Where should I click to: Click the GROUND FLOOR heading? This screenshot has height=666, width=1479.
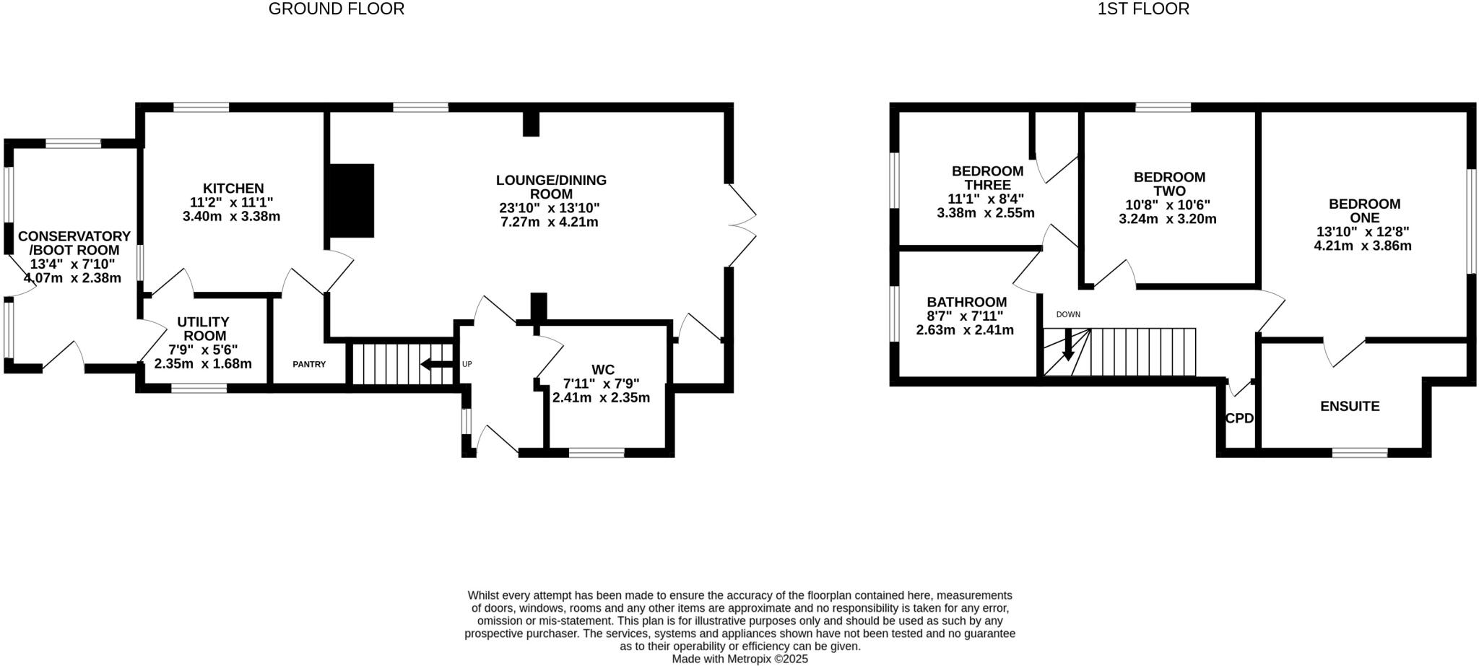point(336,9)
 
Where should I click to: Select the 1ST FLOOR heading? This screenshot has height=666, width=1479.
point(1143,9)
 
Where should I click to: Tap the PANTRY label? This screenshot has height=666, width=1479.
point(309,364)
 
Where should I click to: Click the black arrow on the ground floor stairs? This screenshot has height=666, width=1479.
point(436,364)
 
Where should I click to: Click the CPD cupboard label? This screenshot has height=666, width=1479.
point(1239,418)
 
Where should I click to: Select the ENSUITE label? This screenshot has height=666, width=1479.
point(1349,407)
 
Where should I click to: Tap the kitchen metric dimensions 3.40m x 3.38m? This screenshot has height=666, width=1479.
point(231,216)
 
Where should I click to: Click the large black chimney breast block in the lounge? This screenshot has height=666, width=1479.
point(352,201)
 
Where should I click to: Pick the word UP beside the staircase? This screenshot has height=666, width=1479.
point(467,364)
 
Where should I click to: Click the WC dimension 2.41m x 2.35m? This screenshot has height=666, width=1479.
point(601,397)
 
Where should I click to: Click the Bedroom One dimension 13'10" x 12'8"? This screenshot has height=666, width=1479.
point(1363,232)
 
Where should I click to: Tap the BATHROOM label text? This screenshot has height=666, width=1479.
point(966,302)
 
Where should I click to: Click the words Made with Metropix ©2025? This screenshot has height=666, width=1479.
point(739,659)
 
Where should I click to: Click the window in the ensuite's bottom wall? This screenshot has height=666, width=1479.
point(1359,453)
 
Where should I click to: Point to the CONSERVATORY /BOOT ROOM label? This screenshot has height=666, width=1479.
point(74,243)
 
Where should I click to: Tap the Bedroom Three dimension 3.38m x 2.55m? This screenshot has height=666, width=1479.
point(985,213)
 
